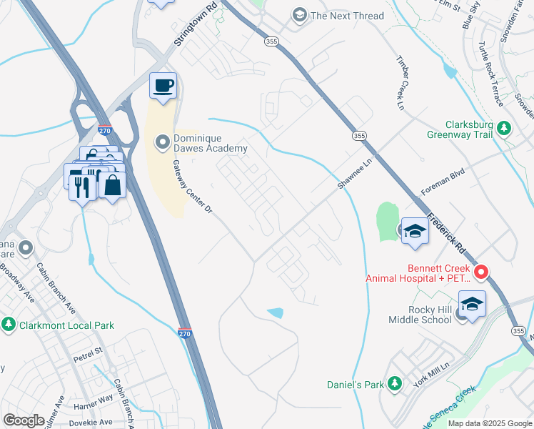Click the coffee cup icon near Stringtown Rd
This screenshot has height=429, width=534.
[x=163, y=86]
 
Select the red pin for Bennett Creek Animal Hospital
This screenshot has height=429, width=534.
[x=481, y=272]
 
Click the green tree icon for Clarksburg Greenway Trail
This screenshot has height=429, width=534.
[x=505, y=128]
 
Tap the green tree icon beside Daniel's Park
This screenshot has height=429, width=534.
[x=394, y=384]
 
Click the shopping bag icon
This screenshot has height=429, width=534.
[x=113, y=184]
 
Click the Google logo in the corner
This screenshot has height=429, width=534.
[x=24, y=420]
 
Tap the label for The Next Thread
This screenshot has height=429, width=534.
[x=347, y=16]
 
